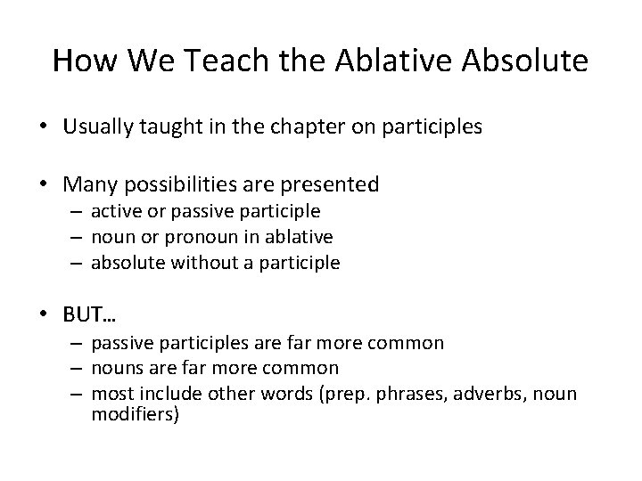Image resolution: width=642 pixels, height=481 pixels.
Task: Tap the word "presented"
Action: pos(332,185)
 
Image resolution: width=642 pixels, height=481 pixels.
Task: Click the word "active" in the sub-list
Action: pos(114,212)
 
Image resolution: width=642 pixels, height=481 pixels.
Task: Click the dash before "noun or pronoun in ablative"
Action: pos(78,237)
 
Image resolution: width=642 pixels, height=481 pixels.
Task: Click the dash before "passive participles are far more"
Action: pos(78,343)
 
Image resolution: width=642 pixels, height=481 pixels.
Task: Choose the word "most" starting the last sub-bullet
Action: pos(111,393)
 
